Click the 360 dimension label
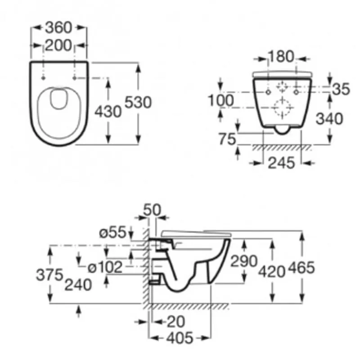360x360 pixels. [x=58, y=27]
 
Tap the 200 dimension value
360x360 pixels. [x=58, y=45]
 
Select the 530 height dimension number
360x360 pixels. [x=138, y=102]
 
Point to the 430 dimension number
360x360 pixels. [x=108, y=112]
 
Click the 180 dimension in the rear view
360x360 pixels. [x=281, y=57]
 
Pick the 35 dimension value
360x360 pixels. [x=341, y=89]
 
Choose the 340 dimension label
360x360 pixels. [x=329, y=119]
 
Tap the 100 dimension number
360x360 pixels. [x=220, y=100]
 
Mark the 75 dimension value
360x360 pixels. [x=227, y=139]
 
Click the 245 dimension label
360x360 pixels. [x=281, y=163]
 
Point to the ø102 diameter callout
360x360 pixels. [x=105, y=267]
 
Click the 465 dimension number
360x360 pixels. [x=301, y=267]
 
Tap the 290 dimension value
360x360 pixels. [x=244, y=261]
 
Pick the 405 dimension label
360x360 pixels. [x=180, y=338]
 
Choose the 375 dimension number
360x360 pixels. [x=49, y=274]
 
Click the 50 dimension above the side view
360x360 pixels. [x=152, y=210]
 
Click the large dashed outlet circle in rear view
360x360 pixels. [x=283, y=108]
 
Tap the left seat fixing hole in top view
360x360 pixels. [x=43, y=78]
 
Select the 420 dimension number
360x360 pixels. [x=272, y=272]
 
